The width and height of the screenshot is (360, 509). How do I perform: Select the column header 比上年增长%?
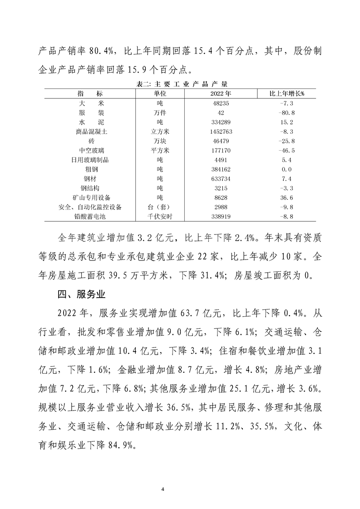(x=287, y=93)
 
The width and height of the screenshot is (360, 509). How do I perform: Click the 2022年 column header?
(x=222, y=93)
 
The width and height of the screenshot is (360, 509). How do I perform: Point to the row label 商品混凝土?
(x=91, y=132)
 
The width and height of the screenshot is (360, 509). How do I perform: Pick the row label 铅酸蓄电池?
(x=91, y=217)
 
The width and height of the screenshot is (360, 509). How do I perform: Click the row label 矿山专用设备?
(x=91, y=198)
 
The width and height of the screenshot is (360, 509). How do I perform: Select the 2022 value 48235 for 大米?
(x=222, y=103)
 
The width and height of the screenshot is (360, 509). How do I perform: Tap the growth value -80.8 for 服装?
(x=287, y=113)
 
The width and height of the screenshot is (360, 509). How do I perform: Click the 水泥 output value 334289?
(x=222, y=122)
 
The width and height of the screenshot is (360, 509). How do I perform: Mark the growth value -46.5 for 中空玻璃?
(x=287, y=151)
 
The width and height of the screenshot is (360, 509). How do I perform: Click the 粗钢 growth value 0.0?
(x=287, y=170)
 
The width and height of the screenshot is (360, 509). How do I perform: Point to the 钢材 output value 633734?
(x=222, y=179)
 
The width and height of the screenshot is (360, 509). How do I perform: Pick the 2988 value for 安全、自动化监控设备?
(x=222, y=207)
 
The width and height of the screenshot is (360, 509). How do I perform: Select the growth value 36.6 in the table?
(x=287, y=198)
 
